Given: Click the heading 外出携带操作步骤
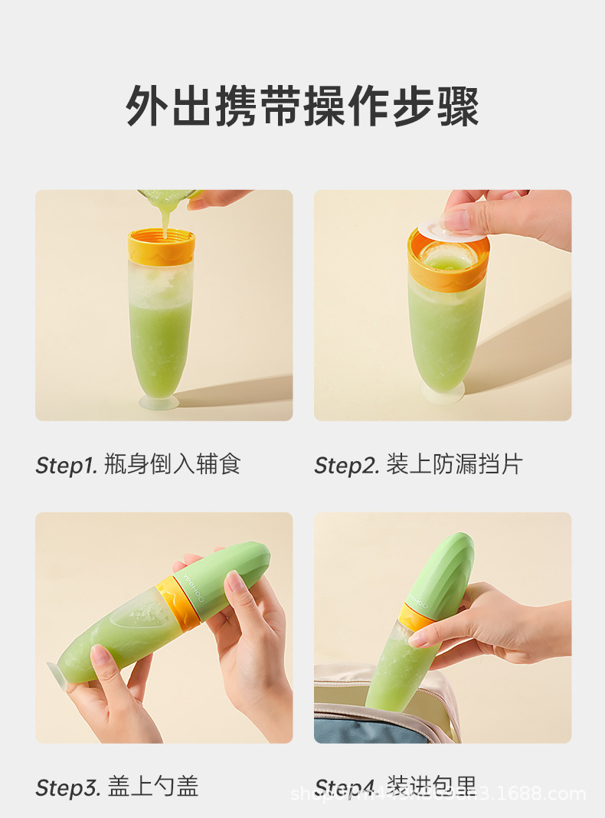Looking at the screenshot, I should pos(302,106).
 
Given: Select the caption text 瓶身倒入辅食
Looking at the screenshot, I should pos(172,464).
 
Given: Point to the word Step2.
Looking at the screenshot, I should pos(346,465).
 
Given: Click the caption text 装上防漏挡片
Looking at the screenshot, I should pos(454,464).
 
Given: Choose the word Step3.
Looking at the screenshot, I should pos(67,787).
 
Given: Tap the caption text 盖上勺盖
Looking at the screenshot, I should pos(153,786).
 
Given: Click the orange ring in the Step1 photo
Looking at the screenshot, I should pos(161,247).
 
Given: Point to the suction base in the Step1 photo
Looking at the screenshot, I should pos(159,402).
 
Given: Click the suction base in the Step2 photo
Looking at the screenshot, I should pos(442,392).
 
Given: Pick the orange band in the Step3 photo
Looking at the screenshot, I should pos(177,601).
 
